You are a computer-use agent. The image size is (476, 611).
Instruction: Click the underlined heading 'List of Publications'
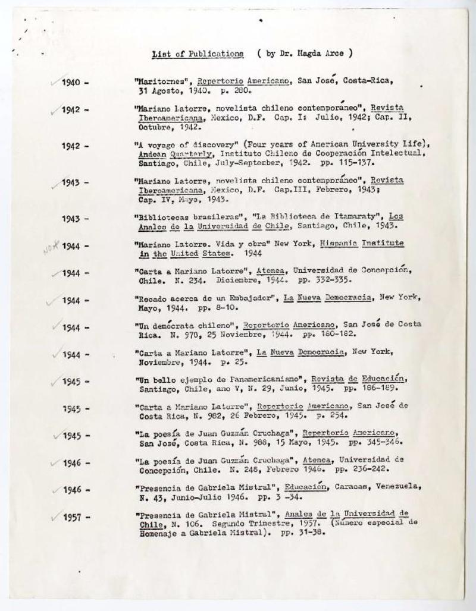198,53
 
